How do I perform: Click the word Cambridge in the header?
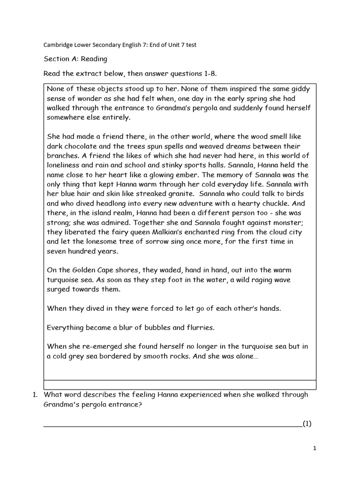pos(58,45)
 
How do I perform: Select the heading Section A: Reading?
pos(75,59)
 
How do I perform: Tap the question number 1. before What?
pos(35,394)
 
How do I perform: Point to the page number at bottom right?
pos(315,448)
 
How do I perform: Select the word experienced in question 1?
pos(215,394)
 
